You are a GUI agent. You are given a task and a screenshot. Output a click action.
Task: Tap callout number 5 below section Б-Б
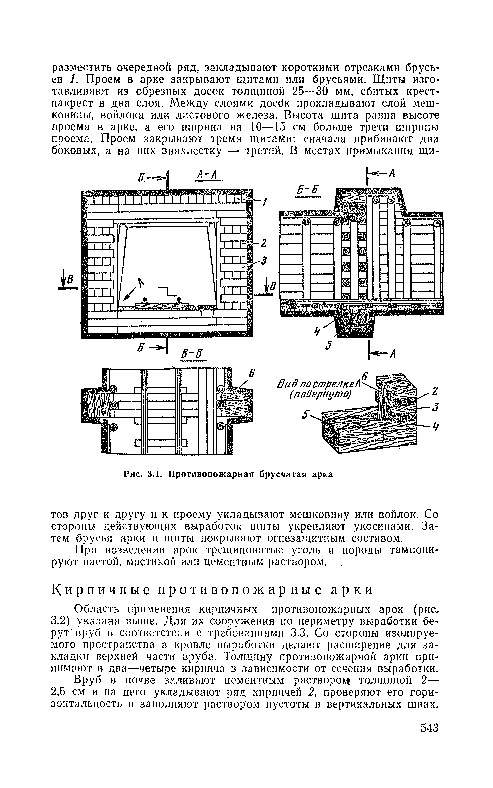pos(328,346)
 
